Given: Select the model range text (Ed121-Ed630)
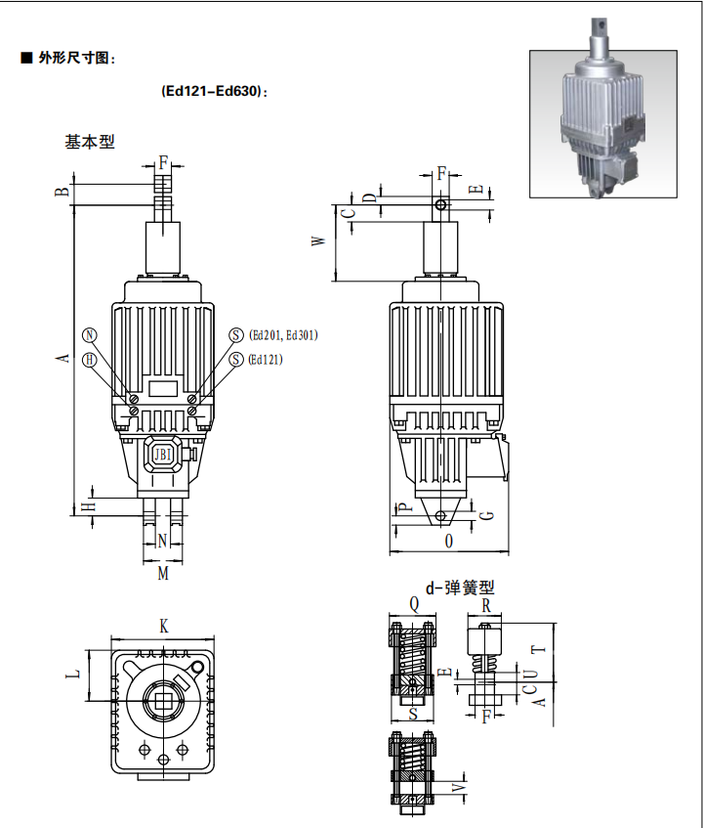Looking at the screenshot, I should click(214, 91).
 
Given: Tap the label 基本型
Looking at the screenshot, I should click(90, 142).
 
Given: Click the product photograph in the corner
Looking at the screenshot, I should click(603, 123).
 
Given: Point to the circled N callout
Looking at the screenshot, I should click(91, 334).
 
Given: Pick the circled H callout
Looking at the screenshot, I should click(91, 360).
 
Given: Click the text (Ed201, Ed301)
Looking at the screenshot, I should click(284, 334).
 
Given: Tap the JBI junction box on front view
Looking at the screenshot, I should click(162, 454).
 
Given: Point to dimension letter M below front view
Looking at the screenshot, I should click(163, 574).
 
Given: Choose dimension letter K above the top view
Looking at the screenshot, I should click(164, 627).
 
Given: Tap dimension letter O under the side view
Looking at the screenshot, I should click(449, 541).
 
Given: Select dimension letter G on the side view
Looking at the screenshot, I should click(489, 514).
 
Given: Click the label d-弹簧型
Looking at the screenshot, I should click(454, 588).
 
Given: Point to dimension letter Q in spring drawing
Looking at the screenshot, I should click(414, 605).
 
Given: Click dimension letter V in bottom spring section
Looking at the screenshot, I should click(460, 785).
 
